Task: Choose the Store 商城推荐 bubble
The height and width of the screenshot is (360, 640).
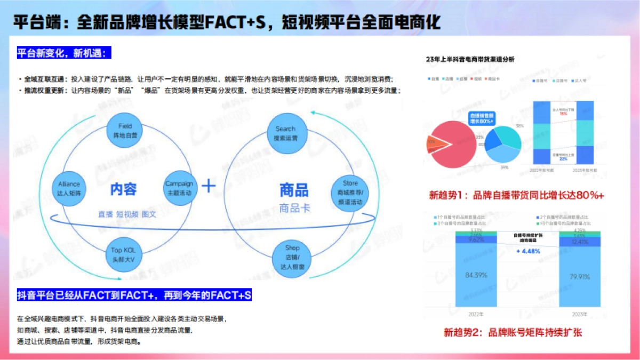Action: click(x=350, y=193)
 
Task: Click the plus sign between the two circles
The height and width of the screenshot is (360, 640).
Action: click(x=207, y=186)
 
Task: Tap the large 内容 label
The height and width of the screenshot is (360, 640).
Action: click(x=124, y=189)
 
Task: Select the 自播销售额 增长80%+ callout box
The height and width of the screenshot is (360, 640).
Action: click(x=482, y=118)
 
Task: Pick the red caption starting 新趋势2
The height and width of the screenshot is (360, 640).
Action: click(x=513, y=332)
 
